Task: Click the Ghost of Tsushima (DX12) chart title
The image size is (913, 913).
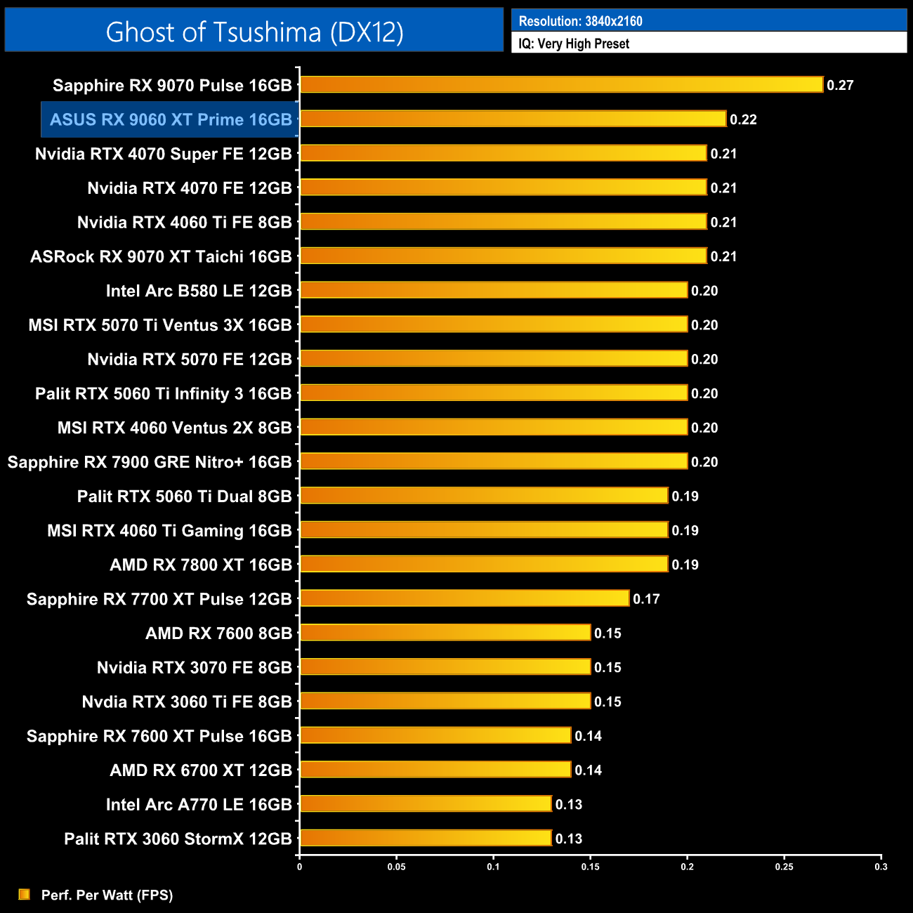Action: [254, 32]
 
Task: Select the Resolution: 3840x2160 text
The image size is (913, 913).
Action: [580, 21]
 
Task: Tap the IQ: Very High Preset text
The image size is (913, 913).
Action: [574, 44]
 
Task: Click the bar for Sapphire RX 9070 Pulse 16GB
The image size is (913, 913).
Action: [561, 85]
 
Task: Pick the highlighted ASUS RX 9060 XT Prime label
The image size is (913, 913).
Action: [171, 119]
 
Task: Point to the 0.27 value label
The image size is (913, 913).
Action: [840, 85]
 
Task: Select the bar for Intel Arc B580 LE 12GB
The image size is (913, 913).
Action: [493, 290]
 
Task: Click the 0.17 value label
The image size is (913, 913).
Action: [646, 599]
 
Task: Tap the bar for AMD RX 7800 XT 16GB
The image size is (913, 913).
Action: [483, 564]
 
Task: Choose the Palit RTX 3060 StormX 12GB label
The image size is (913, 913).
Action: [178, 839]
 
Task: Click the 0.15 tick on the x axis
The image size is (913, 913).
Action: [591, 867]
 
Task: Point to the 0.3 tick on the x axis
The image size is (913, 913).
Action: [881, 867]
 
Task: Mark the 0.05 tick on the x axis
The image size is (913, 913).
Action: [397, 867]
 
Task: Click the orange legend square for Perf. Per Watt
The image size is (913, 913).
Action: [25, 894]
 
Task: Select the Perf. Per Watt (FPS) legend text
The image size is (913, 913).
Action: [107, 895]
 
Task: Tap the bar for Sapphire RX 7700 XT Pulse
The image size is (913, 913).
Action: [464, 598]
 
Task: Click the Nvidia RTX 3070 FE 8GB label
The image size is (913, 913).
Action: [194, 667]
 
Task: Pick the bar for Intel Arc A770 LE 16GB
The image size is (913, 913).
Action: [426, 803]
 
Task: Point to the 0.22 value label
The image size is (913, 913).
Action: [743, 119]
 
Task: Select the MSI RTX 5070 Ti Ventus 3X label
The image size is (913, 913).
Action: [160, 325]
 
